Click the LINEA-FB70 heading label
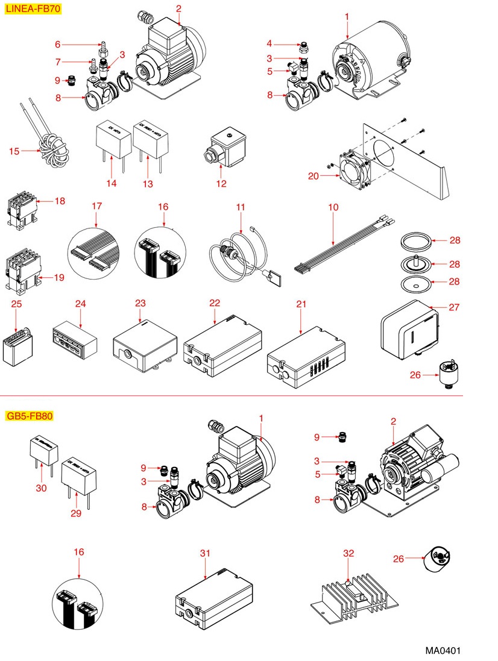[x=33, y=9]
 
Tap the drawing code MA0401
[x=443, y=651]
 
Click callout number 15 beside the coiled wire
[x=14, y=151]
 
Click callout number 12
[x=221, y=183]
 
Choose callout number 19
[x=59, y=278]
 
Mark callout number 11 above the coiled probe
[x=241, y=207]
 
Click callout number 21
[x=301, y=304]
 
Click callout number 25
[x=17, y=304]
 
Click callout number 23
[x=140, y=304]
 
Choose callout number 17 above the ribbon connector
[x=96, y=206]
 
